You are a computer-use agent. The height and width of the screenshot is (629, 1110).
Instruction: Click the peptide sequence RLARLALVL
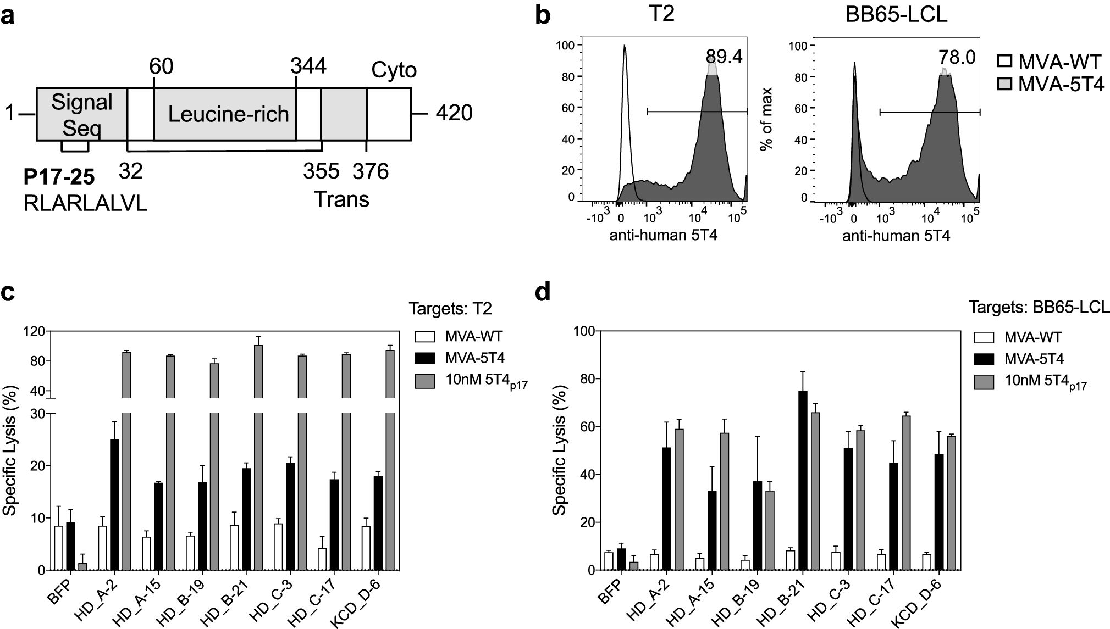pyautogui.click(x=85, y=204)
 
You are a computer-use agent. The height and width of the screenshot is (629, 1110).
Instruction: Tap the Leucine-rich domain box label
pyautogui.click(x=228, y=114)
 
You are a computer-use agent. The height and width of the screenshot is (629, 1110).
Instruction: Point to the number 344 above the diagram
pyautogui.click(x=308, y=66)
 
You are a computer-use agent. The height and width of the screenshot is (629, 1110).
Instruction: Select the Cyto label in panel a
pyautogui.click(x=394, y=70)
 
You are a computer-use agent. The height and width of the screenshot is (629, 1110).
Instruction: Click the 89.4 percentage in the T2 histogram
pyautogui.click(x=724, y=56)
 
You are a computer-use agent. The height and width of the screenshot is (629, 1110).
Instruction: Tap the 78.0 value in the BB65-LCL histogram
pyautogui.click(x=957, y=57)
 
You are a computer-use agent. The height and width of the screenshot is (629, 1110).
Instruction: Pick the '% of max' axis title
pyautogui.click(x=766, y=118)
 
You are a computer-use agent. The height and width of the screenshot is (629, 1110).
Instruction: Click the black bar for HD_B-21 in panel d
pyautogui.click(x=802, y=480)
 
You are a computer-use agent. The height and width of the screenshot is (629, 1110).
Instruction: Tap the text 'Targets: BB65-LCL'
pyautogui.click(x=1036, y=307)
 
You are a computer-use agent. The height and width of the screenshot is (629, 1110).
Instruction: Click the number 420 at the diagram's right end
pyautogui.click(x=454, y=113)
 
